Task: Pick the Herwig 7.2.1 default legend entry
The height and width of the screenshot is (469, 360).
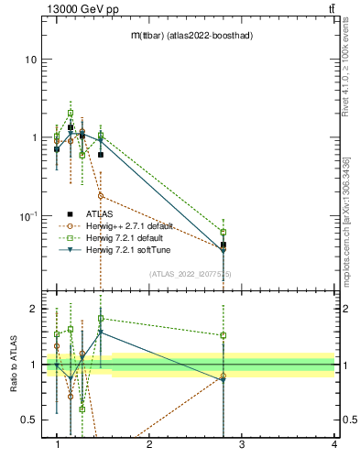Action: click(123, 238)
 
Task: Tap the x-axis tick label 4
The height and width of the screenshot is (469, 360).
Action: click(333, 444)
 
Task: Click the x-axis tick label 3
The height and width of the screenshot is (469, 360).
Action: click(241, 444)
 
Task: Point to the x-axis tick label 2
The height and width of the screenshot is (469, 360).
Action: click(149, 444)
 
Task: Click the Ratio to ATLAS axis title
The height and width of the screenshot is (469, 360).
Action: click(13, 365)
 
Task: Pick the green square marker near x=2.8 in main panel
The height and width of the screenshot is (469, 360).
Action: click(223, 233)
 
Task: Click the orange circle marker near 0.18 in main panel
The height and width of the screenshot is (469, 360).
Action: click(101, 196)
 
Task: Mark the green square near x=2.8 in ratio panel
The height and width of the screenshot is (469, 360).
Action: click(223, 335)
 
